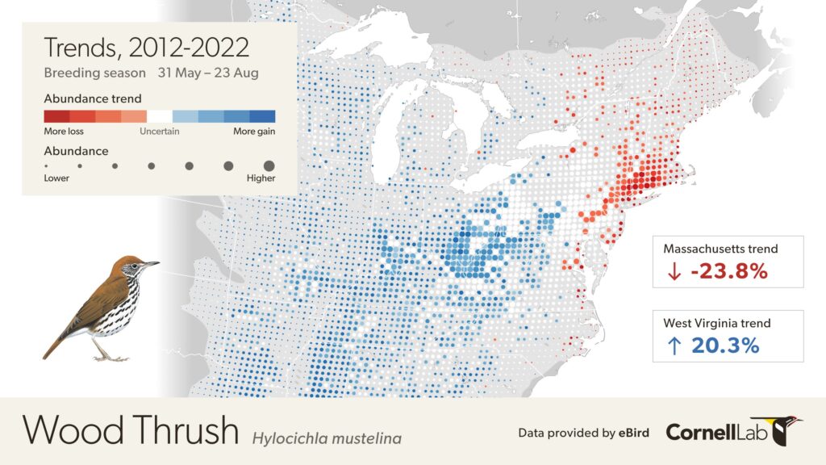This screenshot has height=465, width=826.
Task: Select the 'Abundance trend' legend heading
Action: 93,98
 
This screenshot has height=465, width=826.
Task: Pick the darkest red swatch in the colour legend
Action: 56,116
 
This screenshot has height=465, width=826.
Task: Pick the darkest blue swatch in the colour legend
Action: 263,116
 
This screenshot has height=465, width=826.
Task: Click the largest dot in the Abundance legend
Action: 269,165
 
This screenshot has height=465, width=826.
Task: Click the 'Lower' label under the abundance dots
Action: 56,178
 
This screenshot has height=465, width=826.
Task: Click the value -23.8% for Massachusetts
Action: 728,272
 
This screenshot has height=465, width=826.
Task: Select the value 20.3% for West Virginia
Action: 724,346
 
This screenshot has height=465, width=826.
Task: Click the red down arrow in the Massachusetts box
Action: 674,273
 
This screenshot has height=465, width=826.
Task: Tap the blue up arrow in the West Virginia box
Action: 674,346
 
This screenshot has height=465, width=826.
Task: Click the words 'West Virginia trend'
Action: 716,323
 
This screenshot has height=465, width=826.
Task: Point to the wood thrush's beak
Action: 151,263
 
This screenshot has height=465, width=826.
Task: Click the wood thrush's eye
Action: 135,263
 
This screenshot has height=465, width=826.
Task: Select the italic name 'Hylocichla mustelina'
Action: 327,438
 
